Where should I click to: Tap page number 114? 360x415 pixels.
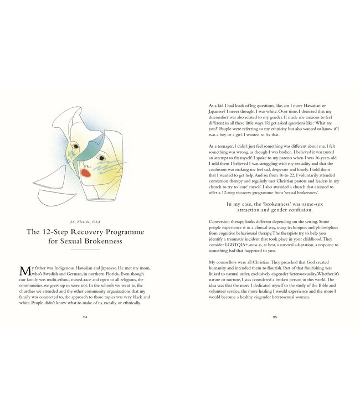pos(85,317)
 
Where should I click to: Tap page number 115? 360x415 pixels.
pos(275,317)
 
